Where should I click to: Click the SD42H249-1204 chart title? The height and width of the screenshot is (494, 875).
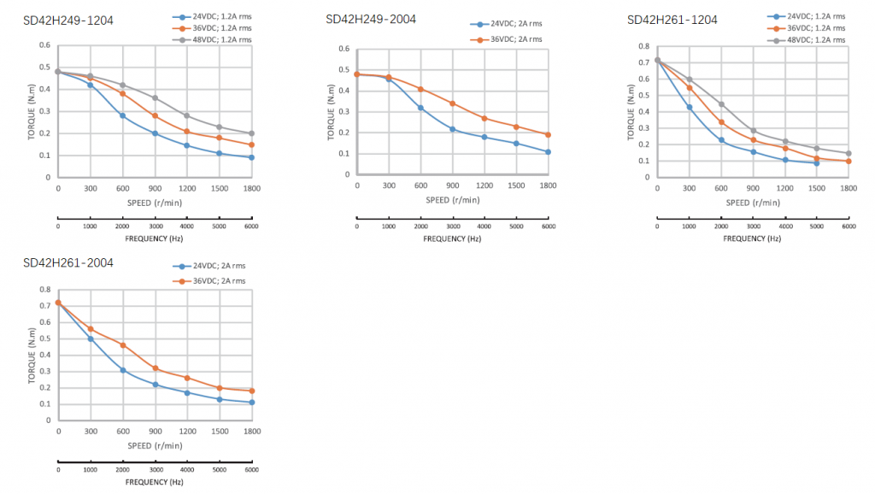coord(68,20)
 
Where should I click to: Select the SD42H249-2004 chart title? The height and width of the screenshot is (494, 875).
coord(371,19)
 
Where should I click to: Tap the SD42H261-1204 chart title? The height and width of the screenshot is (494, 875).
coord(672,20)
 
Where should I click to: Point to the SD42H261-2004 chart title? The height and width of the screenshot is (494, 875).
coord(68,262)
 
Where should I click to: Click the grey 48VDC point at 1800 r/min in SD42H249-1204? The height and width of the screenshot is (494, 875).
coord(252,133)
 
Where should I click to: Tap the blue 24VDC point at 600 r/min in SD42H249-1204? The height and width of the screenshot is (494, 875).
coord(122,115)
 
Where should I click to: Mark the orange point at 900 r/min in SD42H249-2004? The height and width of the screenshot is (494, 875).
coord(453,103)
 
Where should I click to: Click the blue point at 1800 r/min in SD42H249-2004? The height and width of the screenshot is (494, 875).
coord(548,152)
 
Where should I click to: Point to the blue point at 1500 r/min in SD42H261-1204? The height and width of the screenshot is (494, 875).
coord(817,162)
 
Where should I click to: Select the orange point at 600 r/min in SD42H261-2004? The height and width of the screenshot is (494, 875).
coord(122,345)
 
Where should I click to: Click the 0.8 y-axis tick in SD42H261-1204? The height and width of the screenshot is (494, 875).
coord(644,47)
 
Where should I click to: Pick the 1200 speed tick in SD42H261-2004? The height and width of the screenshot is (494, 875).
coord(187,431)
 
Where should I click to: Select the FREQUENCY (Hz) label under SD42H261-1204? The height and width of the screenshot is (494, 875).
coord(752,238)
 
